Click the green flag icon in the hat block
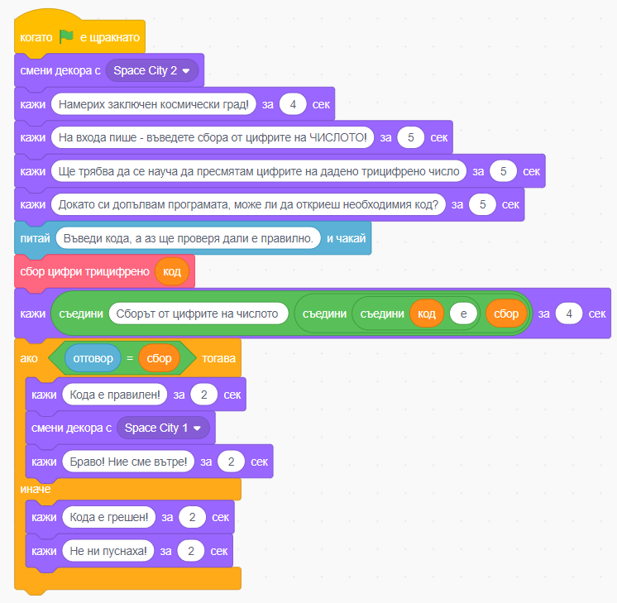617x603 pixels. tap(66, 36)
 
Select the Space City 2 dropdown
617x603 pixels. tap(152, 70)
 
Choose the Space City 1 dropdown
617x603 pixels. tap(163, 428)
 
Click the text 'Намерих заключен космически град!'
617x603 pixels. tap(154, 104)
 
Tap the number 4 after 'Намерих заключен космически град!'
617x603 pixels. tap(293, 104)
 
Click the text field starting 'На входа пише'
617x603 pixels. tap(213, 137)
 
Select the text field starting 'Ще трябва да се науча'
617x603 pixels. tap(259, 171)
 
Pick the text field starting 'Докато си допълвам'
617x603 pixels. tap(248, 204)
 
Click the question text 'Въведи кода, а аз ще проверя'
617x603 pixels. tap(188, 238)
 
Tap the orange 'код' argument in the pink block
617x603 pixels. tap(172, 271)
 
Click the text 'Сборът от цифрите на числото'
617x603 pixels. tap(197, 313)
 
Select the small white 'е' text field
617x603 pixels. tap(463, 313)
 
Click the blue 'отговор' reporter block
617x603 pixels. tap(93, 358)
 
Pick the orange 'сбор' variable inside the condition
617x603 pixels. tap(159, 358)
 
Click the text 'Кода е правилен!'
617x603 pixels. tap(115, 395)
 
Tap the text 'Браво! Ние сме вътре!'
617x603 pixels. tap(128, 462)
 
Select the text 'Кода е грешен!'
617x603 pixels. tap(109, 517)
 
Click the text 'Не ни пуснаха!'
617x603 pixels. tap(108, 551)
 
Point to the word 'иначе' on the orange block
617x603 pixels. tap(36, 489)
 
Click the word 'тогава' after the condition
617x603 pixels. tap(219, 358)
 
